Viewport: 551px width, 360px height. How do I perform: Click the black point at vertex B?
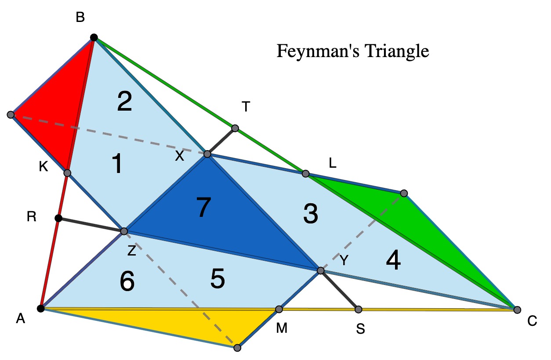pos(94,38)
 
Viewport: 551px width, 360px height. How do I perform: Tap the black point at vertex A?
pos(41,308)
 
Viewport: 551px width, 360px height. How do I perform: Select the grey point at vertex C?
pos(517,310)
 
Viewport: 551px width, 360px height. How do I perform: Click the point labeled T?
pos(235,128)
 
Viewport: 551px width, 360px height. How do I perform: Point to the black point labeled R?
pos(58,218)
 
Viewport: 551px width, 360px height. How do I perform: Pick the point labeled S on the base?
pos(359,310)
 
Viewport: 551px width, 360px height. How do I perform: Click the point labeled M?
pos(279,309)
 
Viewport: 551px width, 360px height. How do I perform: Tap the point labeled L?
pos(305,174)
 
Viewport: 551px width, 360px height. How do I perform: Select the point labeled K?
pos(67,173)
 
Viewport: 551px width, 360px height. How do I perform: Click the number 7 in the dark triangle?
pos(204,207)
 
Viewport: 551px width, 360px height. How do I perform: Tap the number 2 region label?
pos(124,101)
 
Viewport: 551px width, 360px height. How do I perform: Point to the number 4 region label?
pos(393,260)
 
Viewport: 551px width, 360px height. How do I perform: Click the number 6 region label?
pos(127,281)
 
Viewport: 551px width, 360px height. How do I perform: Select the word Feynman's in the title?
pos(318,50)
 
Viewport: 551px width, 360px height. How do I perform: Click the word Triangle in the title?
pos(397,51)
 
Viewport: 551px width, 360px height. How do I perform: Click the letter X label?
pos(180,155)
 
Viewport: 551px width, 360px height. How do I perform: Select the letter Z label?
pos(132,251)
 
